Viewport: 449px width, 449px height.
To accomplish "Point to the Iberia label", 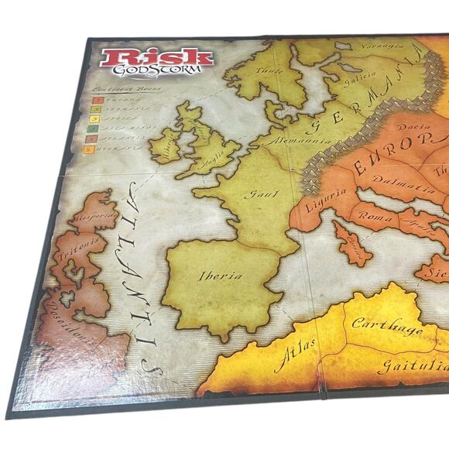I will (220, 276).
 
